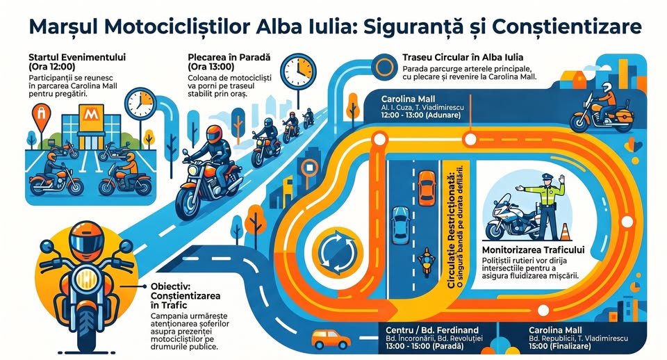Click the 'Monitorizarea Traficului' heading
coord(533,249)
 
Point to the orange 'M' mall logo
coord(89,113)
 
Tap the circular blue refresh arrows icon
coord(336,247)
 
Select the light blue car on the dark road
coord(400,224)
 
